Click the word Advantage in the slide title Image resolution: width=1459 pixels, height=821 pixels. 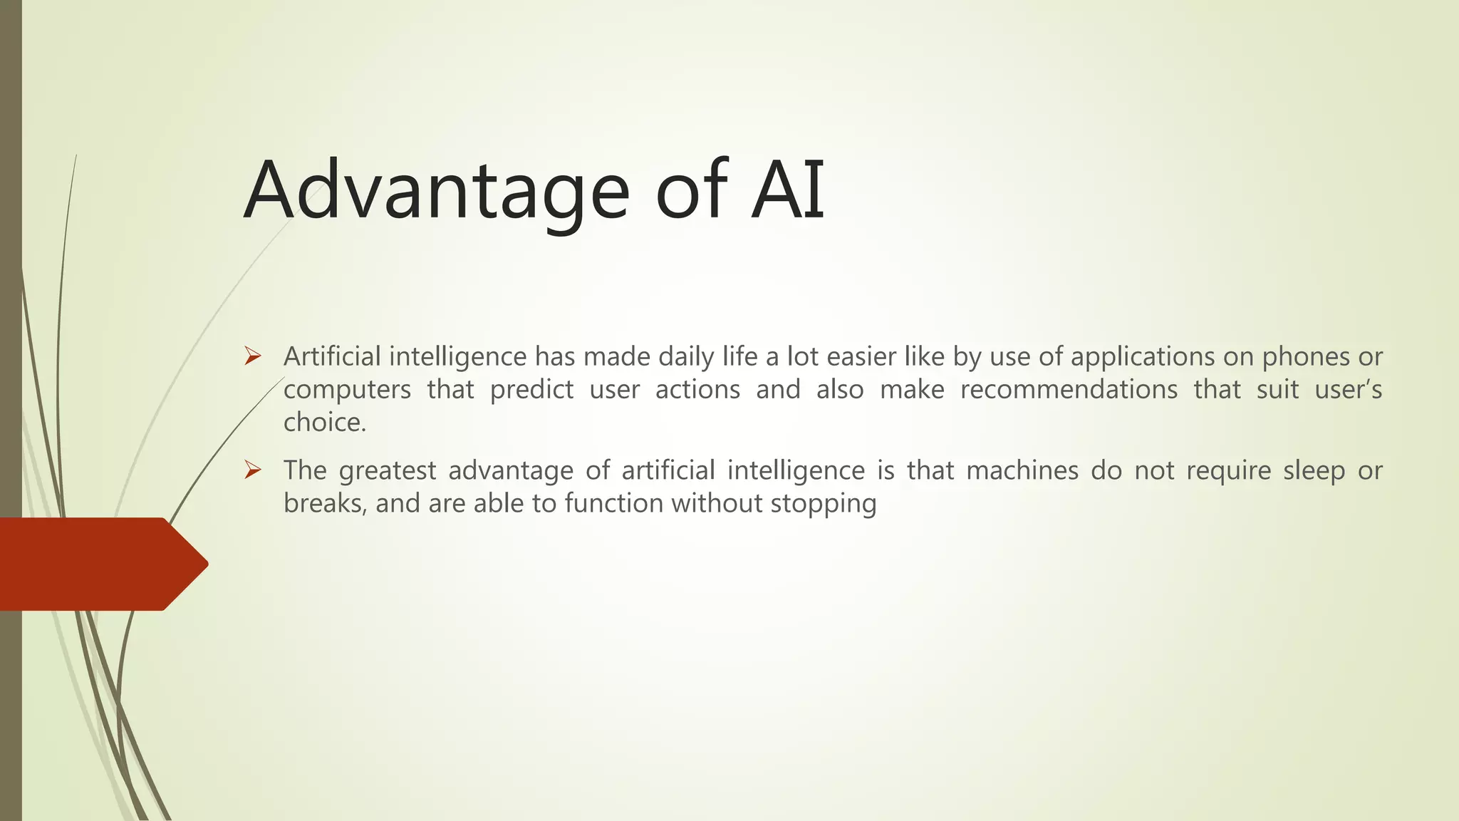436,191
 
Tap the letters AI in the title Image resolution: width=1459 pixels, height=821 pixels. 787,190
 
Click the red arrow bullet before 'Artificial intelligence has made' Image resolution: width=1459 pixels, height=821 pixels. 253,356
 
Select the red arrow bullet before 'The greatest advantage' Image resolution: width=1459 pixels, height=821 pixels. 253,470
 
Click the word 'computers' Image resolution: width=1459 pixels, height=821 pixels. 347,390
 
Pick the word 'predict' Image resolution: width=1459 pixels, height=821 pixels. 531,390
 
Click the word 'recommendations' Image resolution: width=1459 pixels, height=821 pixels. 1069,390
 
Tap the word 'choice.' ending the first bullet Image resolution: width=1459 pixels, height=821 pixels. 325,423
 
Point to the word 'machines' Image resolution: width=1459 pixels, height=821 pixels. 1022,470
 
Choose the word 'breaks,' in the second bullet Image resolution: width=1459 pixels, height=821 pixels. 325,503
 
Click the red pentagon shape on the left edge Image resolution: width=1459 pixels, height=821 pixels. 100,564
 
